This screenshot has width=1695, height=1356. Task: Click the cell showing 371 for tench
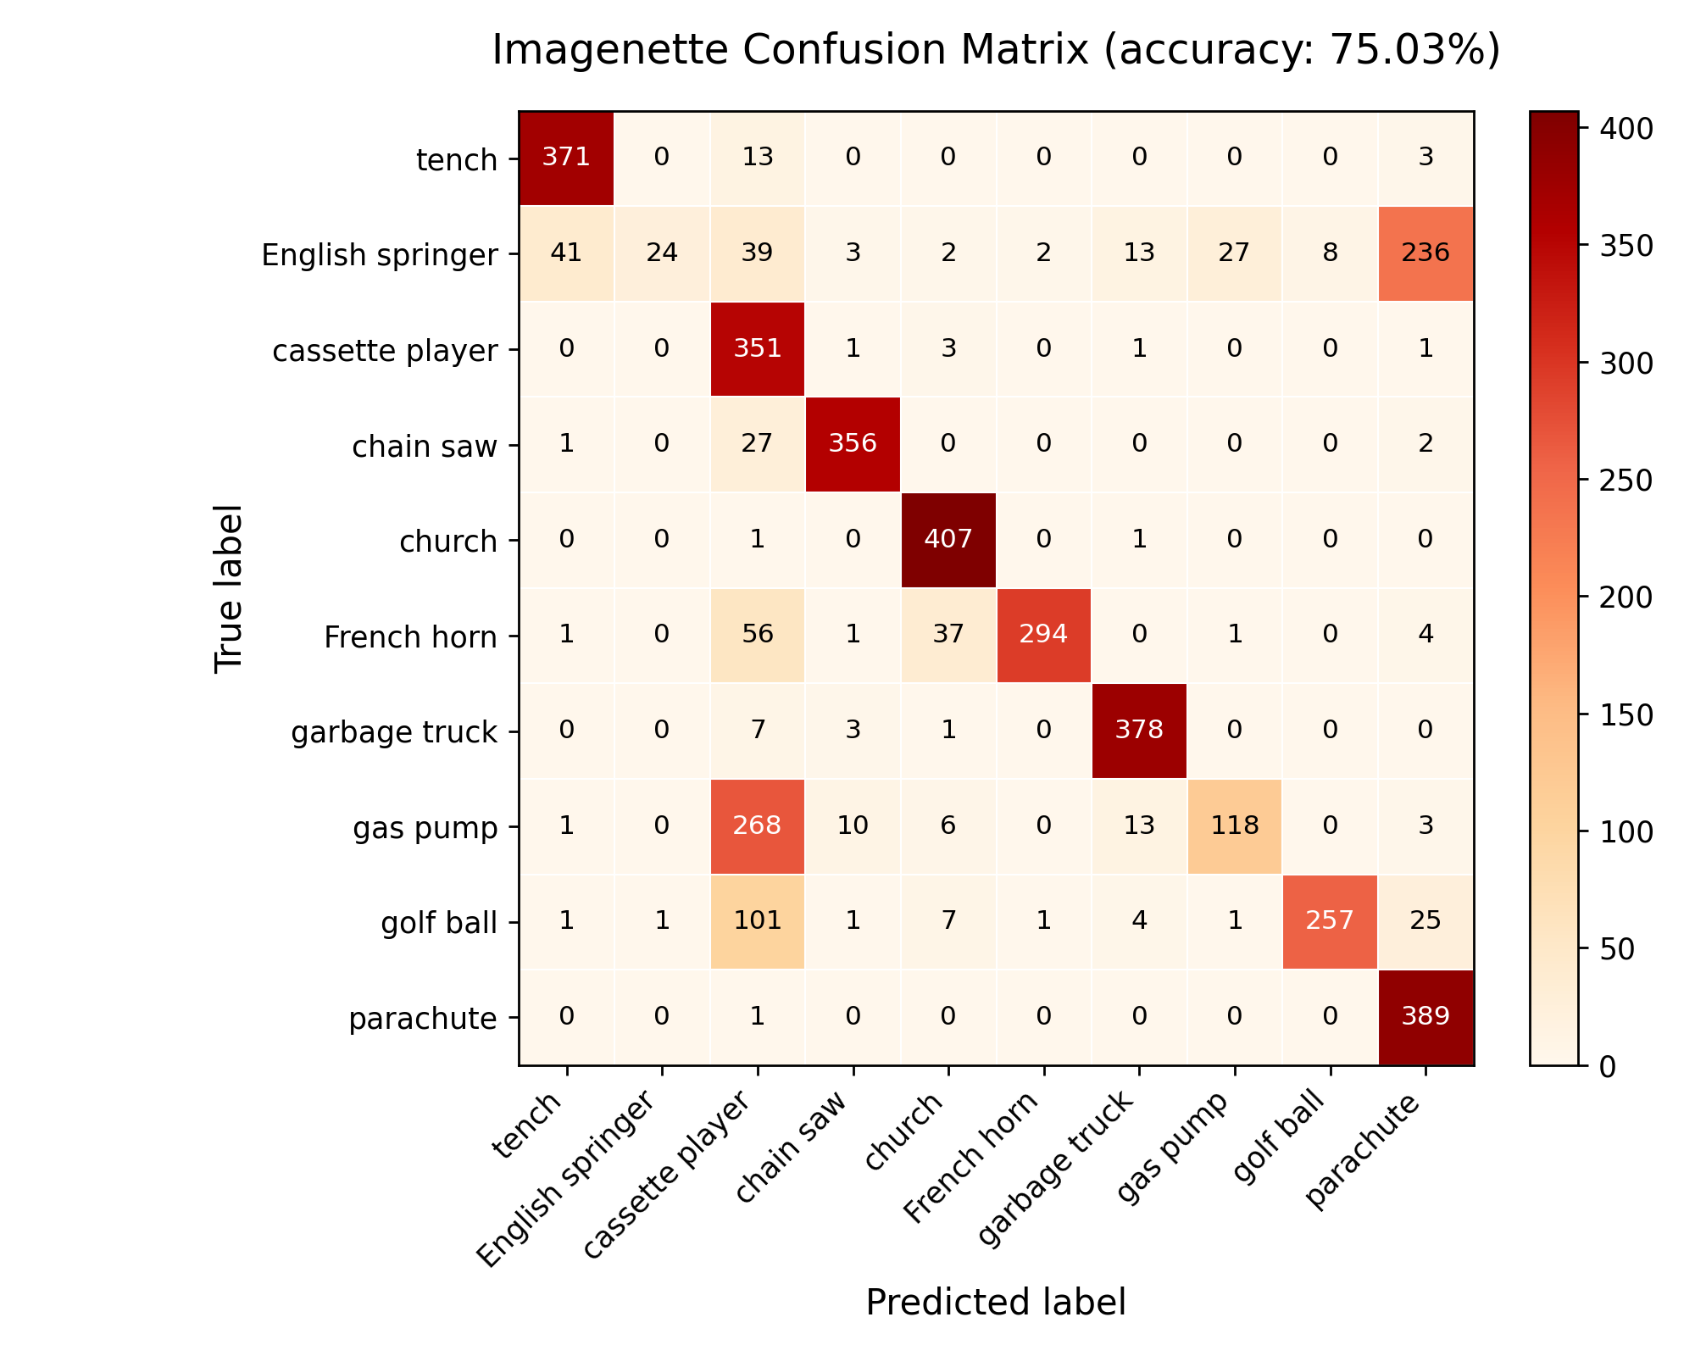566,158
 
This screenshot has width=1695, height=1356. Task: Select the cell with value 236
1426,253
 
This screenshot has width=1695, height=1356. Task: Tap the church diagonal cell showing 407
948,540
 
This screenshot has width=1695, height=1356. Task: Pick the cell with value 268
757,826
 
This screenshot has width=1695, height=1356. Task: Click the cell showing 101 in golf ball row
757,921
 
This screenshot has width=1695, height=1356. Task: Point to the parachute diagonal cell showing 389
1426,1017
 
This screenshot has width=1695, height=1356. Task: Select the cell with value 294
1044,636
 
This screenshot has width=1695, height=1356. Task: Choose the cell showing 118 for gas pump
1235,826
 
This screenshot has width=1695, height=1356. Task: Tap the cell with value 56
757,636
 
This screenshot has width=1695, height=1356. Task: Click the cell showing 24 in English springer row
662,253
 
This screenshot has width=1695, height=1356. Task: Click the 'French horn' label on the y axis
410,636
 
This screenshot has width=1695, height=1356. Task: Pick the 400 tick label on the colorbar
1621,129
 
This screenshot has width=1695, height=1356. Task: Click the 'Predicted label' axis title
996,1303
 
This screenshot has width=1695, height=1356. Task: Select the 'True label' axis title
229,589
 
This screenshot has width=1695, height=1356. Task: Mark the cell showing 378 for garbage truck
1139,731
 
